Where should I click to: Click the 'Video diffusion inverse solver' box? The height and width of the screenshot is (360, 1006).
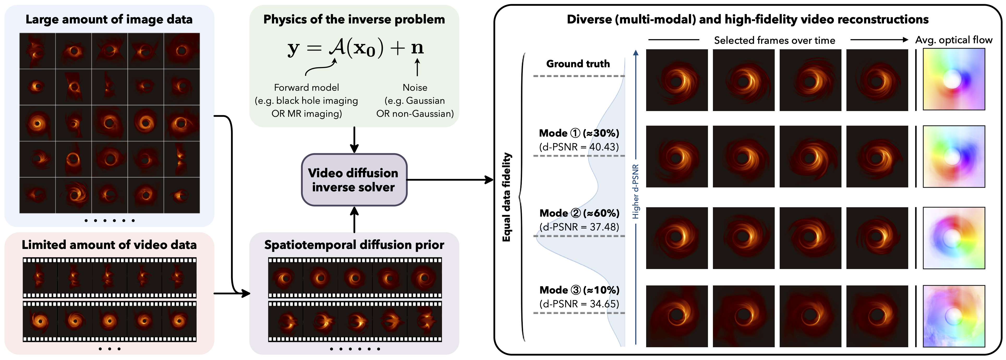(354, 180)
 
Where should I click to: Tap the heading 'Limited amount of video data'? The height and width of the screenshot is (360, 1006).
(109, 245)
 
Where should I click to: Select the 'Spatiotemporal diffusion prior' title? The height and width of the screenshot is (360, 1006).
(354, 245)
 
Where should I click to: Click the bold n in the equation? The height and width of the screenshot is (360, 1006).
(417, 48)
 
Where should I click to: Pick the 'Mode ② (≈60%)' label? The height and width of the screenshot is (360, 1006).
(579, 213)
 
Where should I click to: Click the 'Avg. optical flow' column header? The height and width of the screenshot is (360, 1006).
(953, 40)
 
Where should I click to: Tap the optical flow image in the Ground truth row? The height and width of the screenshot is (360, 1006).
(953, 80)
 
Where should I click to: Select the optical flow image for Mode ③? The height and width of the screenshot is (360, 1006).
(953, 316)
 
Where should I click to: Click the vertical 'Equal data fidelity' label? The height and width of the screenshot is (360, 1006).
(506, 197)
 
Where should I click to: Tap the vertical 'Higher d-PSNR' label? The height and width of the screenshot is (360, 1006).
(635, 191)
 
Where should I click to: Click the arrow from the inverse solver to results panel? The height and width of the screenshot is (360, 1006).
(449, 180)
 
